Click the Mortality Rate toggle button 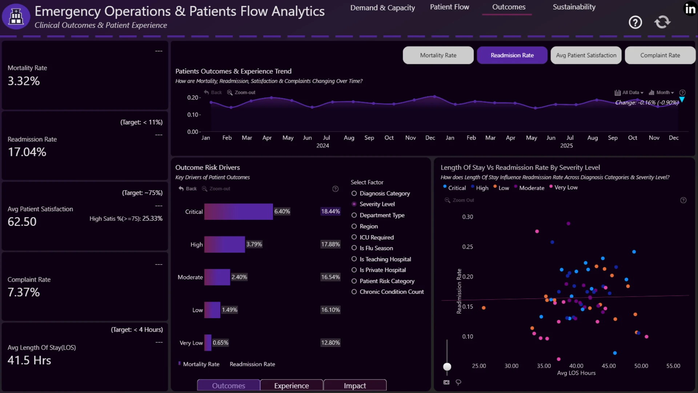pos(438,55)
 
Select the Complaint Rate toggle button pos(660,55)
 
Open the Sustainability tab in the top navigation pos(574,7)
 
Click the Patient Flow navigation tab pos(449,7)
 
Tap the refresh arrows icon pos(662,22)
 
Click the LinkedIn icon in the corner pos(690,9)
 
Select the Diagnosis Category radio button pos(354,193)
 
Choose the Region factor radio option pos(354,226)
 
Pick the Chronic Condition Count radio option pos(354,292)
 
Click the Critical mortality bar pos(238,211)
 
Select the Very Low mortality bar pos(208,343)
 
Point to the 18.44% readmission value pos(330,211)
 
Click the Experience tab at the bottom pos(292,385)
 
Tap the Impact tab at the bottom pos(355,385)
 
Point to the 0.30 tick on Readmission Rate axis pos(468,217)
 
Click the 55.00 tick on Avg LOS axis pos(673,366)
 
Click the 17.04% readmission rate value pos(27,152)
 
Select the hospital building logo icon pos(16,16)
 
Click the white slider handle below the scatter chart pos(447,366)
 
